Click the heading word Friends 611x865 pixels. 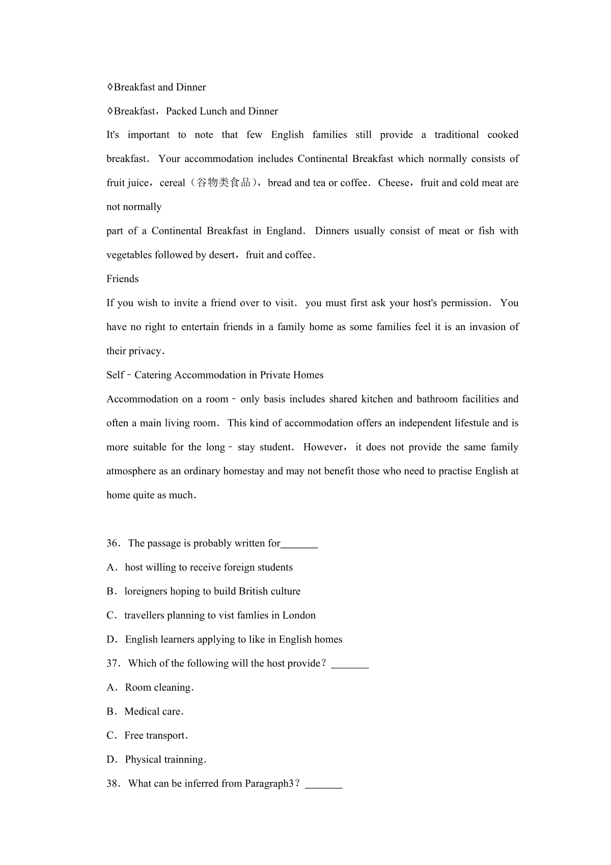point(122,279)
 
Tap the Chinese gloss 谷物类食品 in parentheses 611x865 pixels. point(224,183)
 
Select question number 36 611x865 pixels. point(112,544)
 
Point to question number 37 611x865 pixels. point(112,664)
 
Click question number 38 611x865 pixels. point(112,784)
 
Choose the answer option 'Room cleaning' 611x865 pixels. point(159,688)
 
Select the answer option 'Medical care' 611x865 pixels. point(154,712)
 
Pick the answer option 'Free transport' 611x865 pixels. point(156,736)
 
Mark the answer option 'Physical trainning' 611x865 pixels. point(165,760)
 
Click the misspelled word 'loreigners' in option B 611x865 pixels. point(146,591)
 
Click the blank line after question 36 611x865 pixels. point(299,545)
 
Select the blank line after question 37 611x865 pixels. point(350,665)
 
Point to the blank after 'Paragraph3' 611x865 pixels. point(324,786)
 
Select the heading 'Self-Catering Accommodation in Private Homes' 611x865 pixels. point(215,375)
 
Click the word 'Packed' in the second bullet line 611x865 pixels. point(181,112)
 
